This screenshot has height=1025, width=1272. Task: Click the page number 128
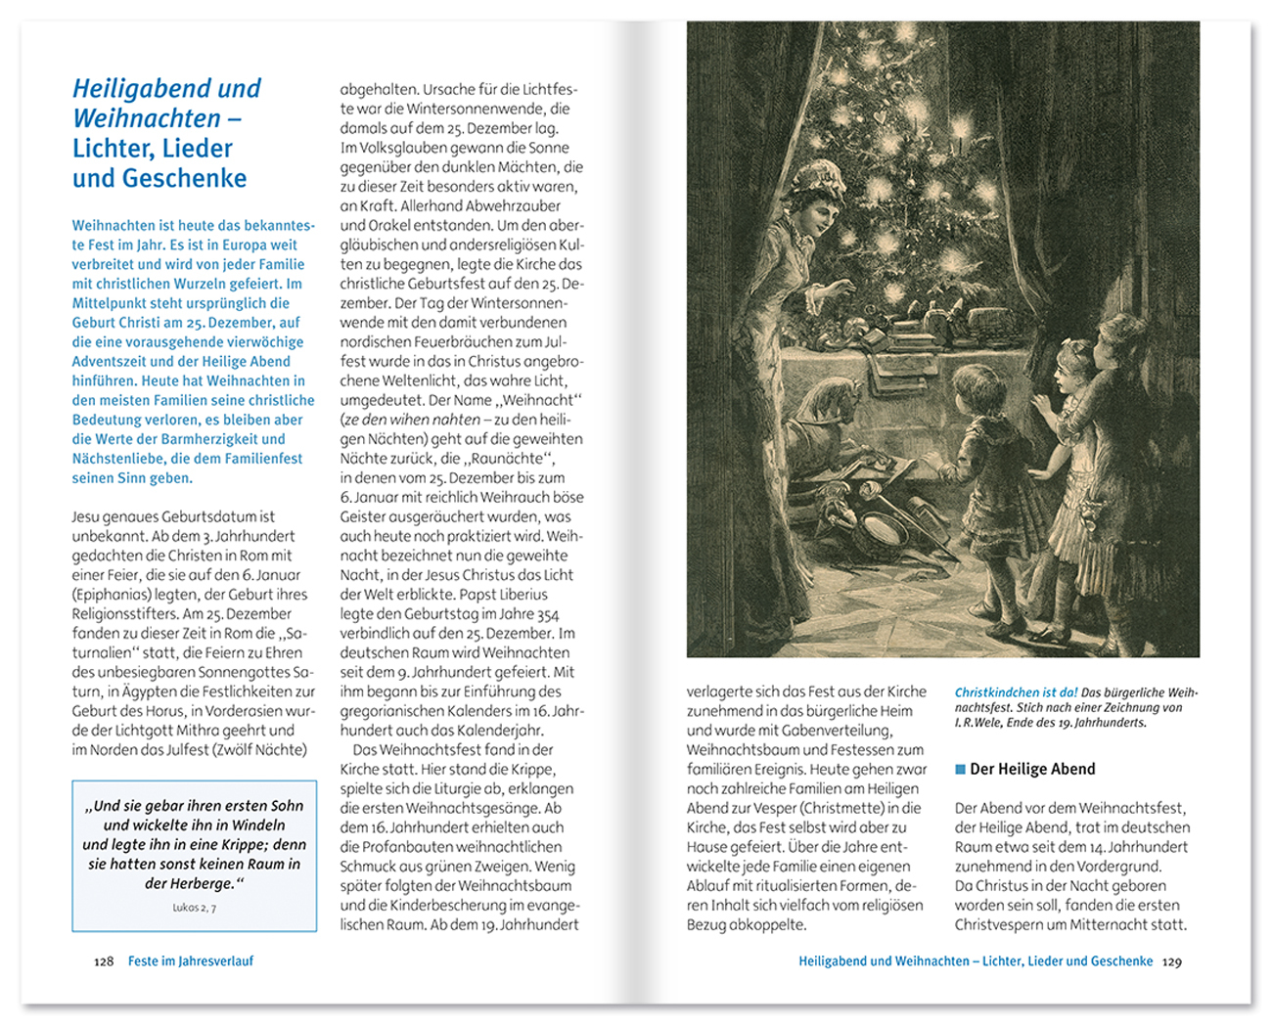[x=104, y=961]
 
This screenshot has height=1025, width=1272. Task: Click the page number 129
[x=1171, y=961]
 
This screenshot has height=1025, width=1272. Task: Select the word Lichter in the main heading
[x=109, y=149]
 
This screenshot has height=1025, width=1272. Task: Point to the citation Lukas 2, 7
[x=194, y=908]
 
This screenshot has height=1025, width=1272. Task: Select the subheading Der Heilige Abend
[x=1032, y=769]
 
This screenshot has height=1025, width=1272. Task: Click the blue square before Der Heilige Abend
[x=961, y=769]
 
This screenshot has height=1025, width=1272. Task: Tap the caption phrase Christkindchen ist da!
[x=1016, y=692]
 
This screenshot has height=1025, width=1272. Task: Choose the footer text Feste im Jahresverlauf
[x=191, y=961]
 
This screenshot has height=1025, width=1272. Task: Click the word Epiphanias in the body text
[x=111, y=595]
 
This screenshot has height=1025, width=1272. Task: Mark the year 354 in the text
[x=548, y=614]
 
